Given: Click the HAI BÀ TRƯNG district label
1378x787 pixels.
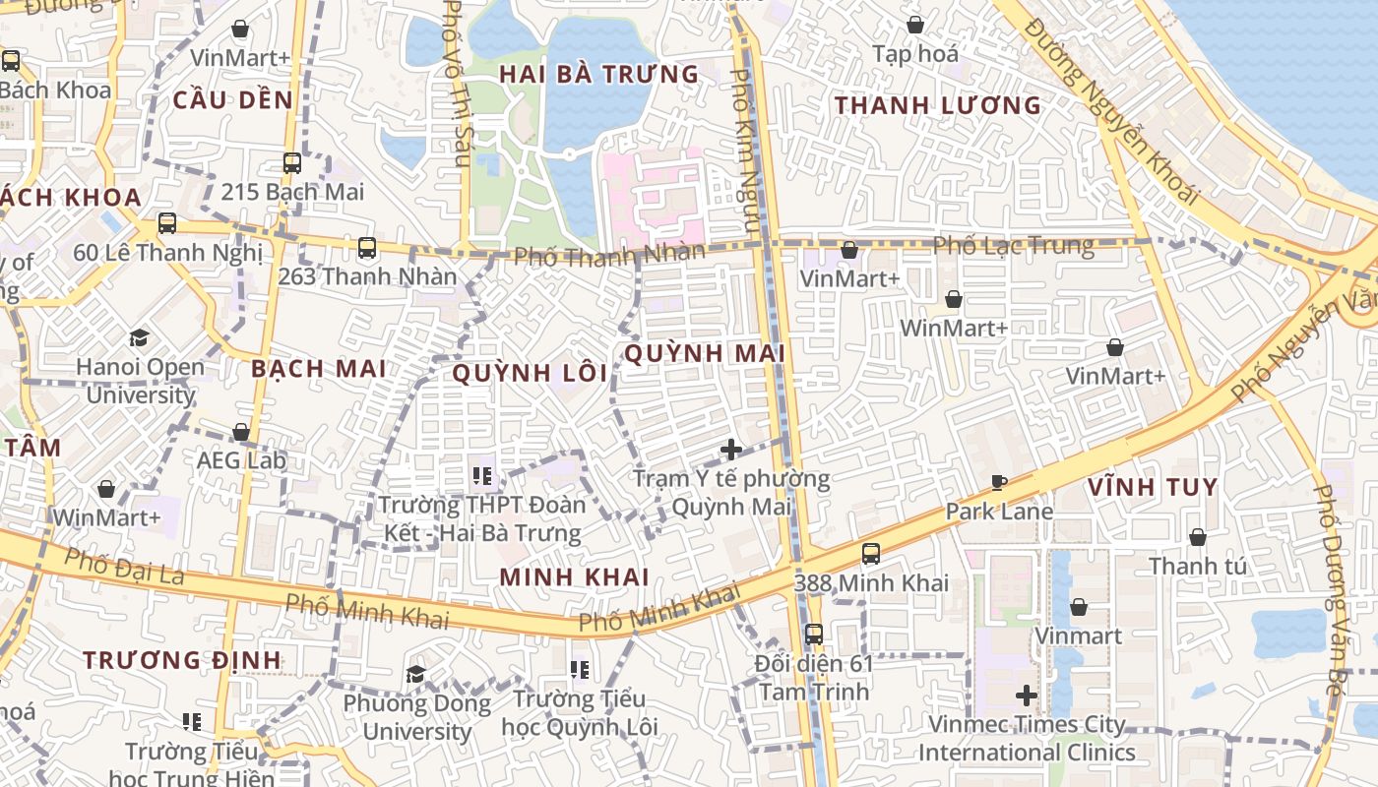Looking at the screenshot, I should click(x=598, y=75).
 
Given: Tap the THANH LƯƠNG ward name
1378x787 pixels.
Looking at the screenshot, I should click(x=937, y=105).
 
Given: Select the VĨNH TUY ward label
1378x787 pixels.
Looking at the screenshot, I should click(x=1153, y=487).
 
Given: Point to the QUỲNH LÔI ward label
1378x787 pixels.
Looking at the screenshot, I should click(x=531, y=373).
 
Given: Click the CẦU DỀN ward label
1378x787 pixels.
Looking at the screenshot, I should click(x=233, y=99).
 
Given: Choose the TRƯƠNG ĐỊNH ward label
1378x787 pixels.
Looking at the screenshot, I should click(x=182, y=659).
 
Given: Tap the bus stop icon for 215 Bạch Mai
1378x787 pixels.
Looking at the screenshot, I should click(x=292, y=163).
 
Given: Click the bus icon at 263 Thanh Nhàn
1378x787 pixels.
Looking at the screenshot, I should click(x=367, y=248).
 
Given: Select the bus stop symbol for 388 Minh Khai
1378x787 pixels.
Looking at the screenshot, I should click(x=871, y=554).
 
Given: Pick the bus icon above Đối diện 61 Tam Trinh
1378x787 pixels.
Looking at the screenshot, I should click(x=814, y=635).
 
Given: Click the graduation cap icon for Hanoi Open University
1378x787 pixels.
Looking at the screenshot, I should click(x=140, y=338).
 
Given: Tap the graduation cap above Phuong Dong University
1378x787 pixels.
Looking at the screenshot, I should click(x=416, y=675).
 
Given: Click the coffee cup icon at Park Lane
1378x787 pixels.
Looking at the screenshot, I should click(x=999, y=482).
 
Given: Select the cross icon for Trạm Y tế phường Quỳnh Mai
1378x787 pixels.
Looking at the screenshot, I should click(x=731, y=450).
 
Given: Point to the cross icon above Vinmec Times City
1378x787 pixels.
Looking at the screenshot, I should click(x=1027, y=696).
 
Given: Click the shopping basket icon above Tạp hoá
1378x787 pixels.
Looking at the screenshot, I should click(x=915, y=25).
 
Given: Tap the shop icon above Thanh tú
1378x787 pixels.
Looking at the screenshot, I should click(x=1198, y=537).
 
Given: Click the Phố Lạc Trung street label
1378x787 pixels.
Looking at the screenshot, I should click(x=1013, y=245).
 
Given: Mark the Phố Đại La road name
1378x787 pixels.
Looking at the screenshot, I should click(x=124, y=567).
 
